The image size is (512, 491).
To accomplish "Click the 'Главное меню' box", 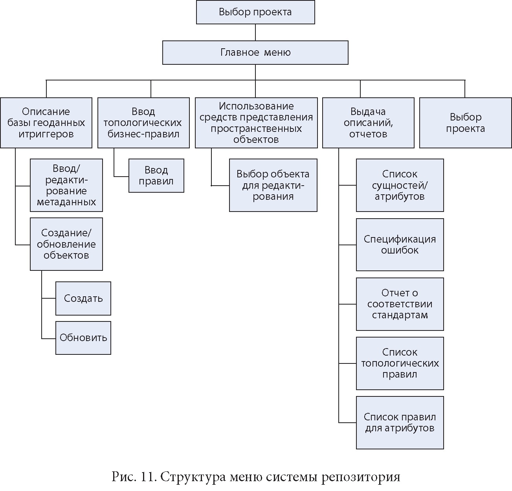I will click(255, 53).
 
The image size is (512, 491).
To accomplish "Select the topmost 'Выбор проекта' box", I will click(255, 12).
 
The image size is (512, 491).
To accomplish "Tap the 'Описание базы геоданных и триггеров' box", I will click(46, 123).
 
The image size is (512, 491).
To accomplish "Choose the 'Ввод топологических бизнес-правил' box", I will click(143, 123).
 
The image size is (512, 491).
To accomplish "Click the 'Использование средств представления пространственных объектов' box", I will click(256, 123).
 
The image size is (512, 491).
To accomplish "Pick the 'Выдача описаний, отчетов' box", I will click(368, 123).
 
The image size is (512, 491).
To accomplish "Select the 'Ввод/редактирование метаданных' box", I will click(66, 185).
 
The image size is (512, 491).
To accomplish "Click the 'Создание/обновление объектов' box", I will click(66, 244).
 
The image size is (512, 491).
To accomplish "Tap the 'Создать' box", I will click(83, 298).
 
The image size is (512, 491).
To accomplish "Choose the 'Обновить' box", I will click(83, 338).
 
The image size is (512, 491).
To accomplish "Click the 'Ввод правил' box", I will click(156, 175).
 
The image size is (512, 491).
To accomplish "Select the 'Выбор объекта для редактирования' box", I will click(273, 185).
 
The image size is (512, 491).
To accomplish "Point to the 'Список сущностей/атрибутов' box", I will click(400, 185).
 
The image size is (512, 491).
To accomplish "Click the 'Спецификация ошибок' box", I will click(400, 245).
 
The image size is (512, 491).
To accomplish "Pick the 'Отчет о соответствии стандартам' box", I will click(400, 304).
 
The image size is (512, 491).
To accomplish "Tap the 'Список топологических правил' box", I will click(400, 363).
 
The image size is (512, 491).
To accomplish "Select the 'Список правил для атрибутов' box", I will click(400, 422).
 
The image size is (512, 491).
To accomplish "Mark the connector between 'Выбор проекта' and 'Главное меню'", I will click(255, 32).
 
